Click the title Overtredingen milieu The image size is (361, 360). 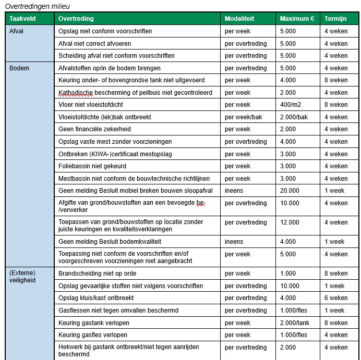click(38, 6)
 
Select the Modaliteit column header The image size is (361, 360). click(239, 19)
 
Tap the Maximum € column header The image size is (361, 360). click(297, 19)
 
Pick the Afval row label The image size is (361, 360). click(17, 31)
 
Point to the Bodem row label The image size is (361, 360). click(19, 68)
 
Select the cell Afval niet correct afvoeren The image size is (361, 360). click(94, 44)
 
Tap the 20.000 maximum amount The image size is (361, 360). click(290, 191)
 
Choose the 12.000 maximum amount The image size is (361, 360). click(290, 222)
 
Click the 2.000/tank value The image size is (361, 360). click(295, 323)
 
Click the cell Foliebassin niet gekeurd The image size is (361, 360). click(92, 166)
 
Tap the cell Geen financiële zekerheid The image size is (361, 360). click(94, 129)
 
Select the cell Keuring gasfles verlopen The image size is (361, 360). click(93, 335)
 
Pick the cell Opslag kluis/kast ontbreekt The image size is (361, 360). click(96, 298)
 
